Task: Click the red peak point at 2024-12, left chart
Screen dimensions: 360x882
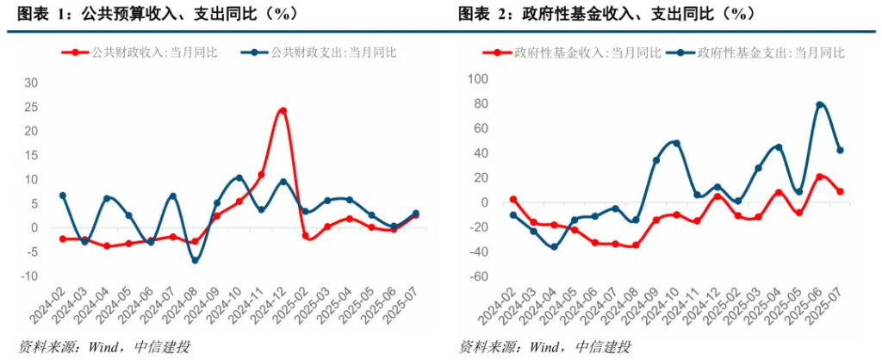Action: click(283, 111)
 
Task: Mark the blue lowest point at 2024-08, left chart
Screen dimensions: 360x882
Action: click(195, 259)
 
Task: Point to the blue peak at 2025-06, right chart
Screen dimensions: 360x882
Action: click(820, 105)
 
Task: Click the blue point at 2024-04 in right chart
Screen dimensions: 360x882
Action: click(554, 247)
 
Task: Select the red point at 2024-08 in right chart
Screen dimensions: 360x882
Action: click(636, 245)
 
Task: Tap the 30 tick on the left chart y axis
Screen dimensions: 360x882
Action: click(32, 83)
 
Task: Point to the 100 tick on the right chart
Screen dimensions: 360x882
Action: click(477, 79)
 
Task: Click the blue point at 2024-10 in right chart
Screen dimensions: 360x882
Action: click(676, 143)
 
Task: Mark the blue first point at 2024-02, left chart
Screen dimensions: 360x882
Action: click(63, 196)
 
